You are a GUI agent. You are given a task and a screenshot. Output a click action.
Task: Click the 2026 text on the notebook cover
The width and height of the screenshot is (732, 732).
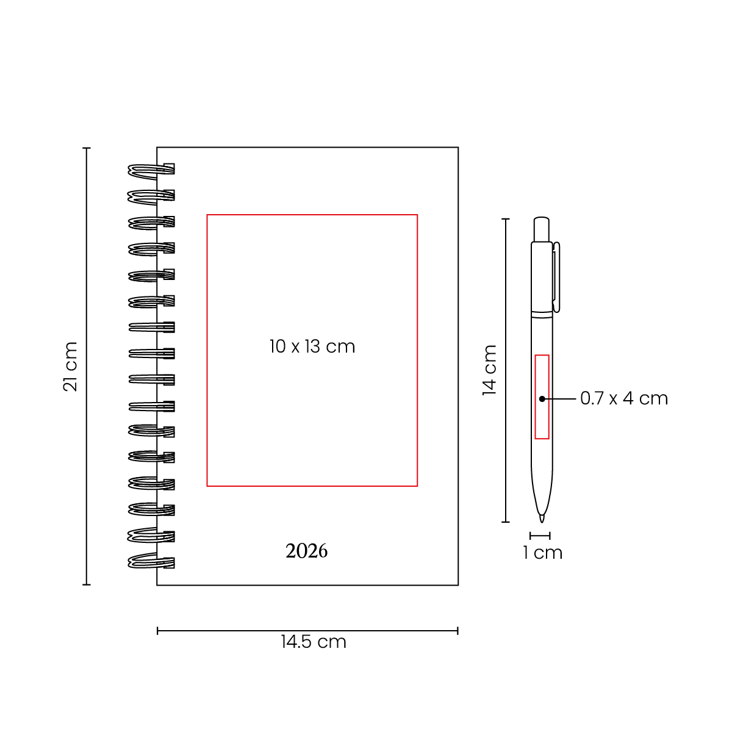[x=306, y=551]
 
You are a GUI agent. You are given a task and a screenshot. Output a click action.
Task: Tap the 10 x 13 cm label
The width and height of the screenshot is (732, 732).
[x=312, y=346]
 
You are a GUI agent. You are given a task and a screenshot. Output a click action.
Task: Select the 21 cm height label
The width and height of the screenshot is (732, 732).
[x=70, y=366]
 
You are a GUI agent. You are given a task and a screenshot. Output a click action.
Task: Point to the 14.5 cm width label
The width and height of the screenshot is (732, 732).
[x=314, y=642]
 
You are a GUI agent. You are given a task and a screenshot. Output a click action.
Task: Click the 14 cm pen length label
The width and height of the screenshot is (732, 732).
[x=489, y=370]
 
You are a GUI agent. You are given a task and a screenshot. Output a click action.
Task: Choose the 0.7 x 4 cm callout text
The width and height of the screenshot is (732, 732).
[x=624, y=398]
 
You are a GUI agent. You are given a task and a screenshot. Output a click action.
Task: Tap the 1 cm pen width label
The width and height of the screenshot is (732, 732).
[x=542, y=553]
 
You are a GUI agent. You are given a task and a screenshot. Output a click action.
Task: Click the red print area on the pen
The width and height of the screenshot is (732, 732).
[x=542, y=397]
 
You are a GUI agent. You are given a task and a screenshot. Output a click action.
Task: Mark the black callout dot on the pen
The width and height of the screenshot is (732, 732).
[x=542, y=399]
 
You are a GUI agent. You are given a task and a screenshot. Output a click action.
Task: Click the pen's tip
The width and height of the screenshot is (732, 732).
[x=542, y=522]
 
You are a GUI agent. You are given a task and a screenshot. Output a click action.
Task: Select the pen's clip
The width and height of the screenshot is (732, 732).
[x=556, y=278]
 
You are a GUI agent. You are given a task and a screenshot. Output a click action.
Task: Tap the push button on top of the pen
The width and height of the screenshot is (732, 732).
[x=541, y=229]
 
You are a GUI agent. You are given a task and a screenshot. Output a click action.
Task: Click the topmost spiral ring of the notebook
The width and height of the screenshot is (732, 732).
[x=151, y=171]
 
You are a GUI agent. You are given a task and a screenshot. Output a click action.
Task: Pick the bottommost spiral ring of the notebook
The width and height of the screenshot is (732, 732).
[x=151, y=561]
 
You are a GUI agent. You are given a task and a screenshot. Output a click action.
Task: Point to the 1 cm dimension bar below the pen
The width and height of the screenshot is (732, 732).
[x=540, y=536]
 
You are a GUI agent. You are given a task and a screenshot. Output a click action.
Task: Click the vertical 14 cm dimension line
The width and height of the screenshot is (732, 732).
[x=505, y=370]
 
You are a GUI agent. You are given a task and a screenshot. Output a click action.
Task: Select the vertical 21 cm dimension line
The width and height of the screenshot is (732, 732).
[x=87, y=366]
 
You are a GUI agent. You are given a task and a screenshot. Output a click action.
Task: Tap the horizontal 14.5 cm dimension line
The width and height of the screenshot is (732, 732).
[x=307, y=631]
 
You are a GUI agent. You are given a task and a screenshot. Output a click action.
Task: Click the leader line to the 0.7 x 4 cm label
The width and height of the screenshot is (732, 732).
[x=559, y=399]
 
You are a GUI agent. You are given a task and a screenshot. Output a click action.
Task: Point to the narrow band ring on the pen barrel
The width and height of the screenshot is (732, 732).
[x=542, y=315]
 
